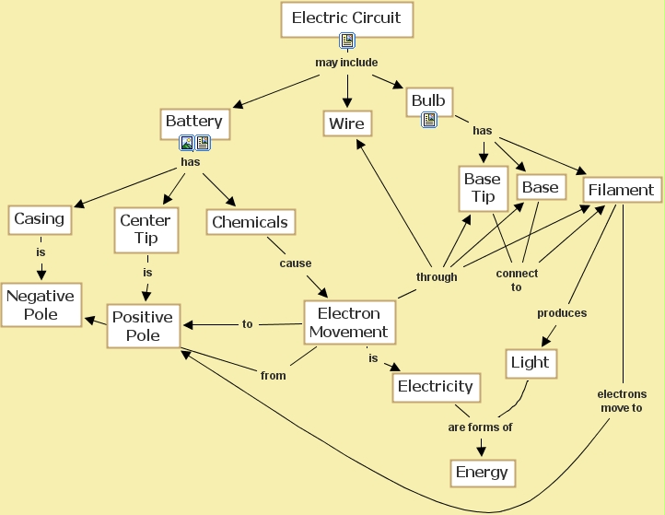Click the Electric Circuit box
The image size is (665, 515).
click(x=346, y=18)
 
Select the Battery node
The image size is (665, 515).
click(x=193, y=122)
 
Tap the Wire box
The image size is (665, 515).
click(x=346, y=123)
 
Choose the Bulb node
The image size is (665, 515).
click(x=428, y=100)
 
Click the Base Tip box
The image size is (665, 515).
click(x=483, y=187)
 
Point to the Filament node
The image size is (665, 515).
click(x=621, y=190)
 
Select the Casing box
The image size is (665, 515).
click(x=39, y=219)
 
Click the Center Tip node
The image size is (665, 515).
click(x=146, y=229)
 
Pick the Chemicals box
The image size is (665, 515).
click(x=250, y=222)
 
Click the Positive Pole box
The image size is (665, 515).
click(x=142, y=326)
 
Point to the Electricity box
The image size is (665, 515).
click(x=435, y=387)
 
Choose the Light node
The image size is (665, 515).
click(x=530, y=363)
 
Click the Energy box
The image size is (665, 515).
click(x=482, y=473)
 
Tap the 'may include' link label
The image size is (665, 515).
click(x=346, y=64)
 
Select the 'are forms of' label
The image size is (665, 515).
click(x=480, y=427)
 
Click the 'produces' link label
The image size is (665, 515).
click(x=562, y=313)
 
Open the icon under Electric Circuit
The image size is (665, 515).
click(x=347, y=41)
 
